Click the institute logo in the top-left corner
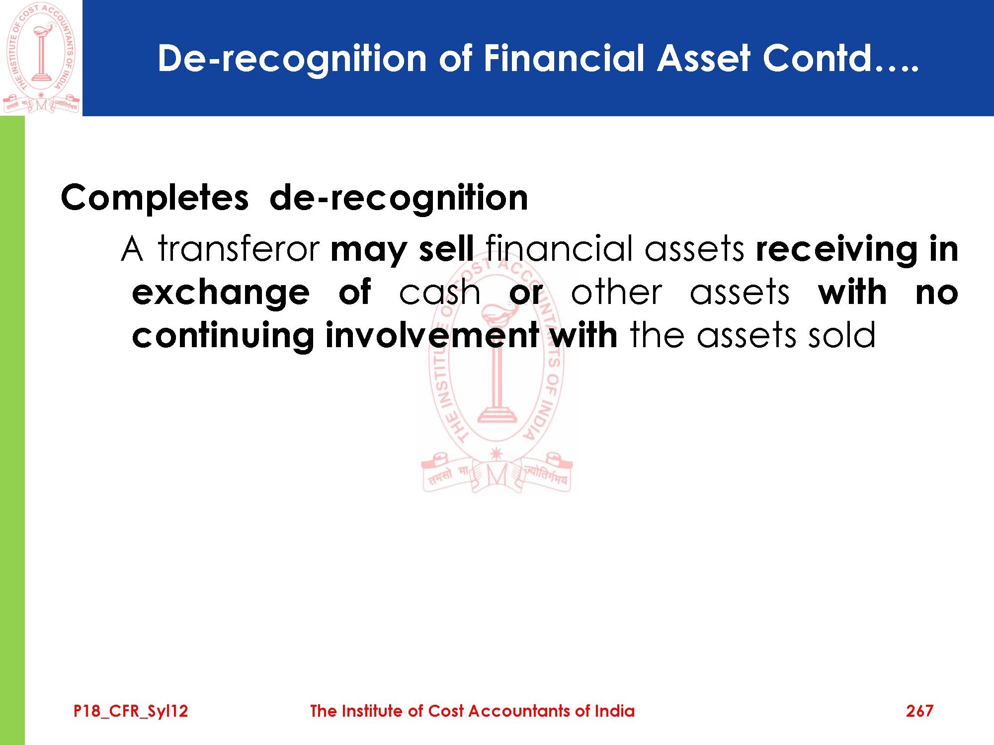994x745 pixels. coord(41,58)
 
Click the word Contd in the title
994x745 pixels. coord(817,58)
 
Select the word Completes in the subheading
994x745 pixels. coord(155,198)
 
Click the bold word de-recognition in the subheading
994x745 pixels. coord(399,198)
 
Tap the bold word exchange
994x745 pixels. coord(221,293)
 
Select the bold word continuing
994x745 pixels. coord(223,336)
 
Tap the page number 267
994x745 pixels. coord(919,711)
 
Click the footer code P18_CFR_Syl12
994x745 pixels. coord(131,711)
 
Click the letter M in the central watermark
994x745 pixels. coord(497,475)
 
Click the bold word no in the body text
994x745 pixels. coord(937,293)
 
